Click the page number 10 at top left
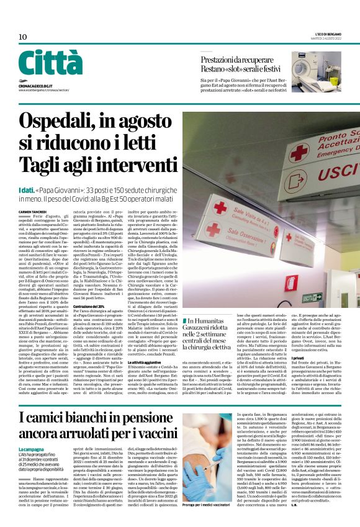point(23,37)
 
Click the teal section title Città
point(50,64)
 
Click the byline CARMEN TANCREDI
point(33,194)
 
